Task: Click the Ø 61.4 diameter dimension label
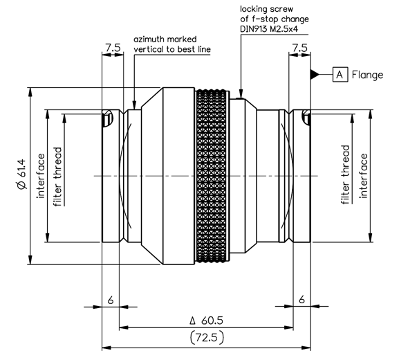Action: coord(22,174)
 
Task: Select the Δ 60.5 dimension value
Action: coord(207,321)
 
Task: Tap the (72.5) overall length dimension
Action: coord(207,338)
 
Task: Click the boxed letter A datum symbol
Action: coord(340,75)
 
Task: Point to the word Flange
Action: coord(367,75)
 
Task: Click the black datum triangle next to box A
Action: coord(315,75)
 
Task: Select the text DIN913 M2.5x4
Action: coord(269,29)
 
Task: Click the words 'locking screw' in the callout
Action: coord(266,9)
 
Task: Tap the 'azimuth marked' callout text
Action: coord(165,39)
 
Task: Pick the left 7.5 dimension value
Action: coord(113,48)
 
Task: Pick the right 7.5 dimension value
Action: coord(299,48)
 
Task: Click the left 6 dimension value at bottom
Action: coord(111,300)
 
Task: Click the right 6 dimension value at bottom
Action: coord(302,300)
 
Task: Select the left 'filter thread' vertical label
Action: coord(57,177)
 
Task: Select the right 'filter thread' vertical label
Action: coord(345,174)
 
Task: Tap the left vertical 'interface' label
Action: coord(41,176)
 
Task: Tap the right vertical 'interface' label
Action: coord(363,176)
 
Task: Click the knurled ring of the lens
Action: coord(212,176)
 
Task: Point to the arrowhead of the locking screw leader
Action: coord(241,94)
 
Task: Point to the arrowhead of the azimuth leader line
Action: coord(134,105)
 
